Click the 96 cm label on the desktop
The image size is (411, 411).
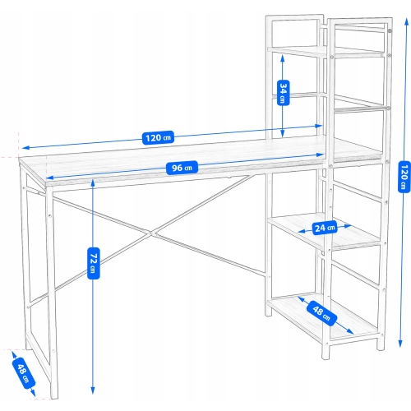[x=182, y=168]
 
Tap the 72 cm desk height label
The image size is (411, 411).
[x=94, y=263]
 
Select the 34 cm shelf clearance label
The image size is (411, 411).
[x=284, y=93]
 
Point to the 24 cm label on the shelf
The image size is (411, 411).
[x=325, y=228]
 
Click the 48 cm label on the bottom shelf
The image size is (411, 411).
[x=321, y=313]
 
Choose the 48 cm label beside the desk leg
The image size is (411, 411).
[x=24, y=373]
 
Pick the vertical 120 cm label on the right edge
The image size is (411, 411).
[x=404, y=177]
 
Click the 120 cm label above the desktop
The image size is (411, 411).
[x=158, y=137]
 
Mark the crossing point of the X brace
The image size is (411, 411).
[x=151, y=233]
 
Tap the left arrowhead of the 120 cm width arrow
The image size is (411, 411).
[x=24, y=148]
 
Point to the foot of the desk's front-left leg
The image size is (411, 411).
[x=54, y=396]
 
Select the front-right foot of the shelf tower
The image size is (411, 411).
[x=326, y=356]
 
